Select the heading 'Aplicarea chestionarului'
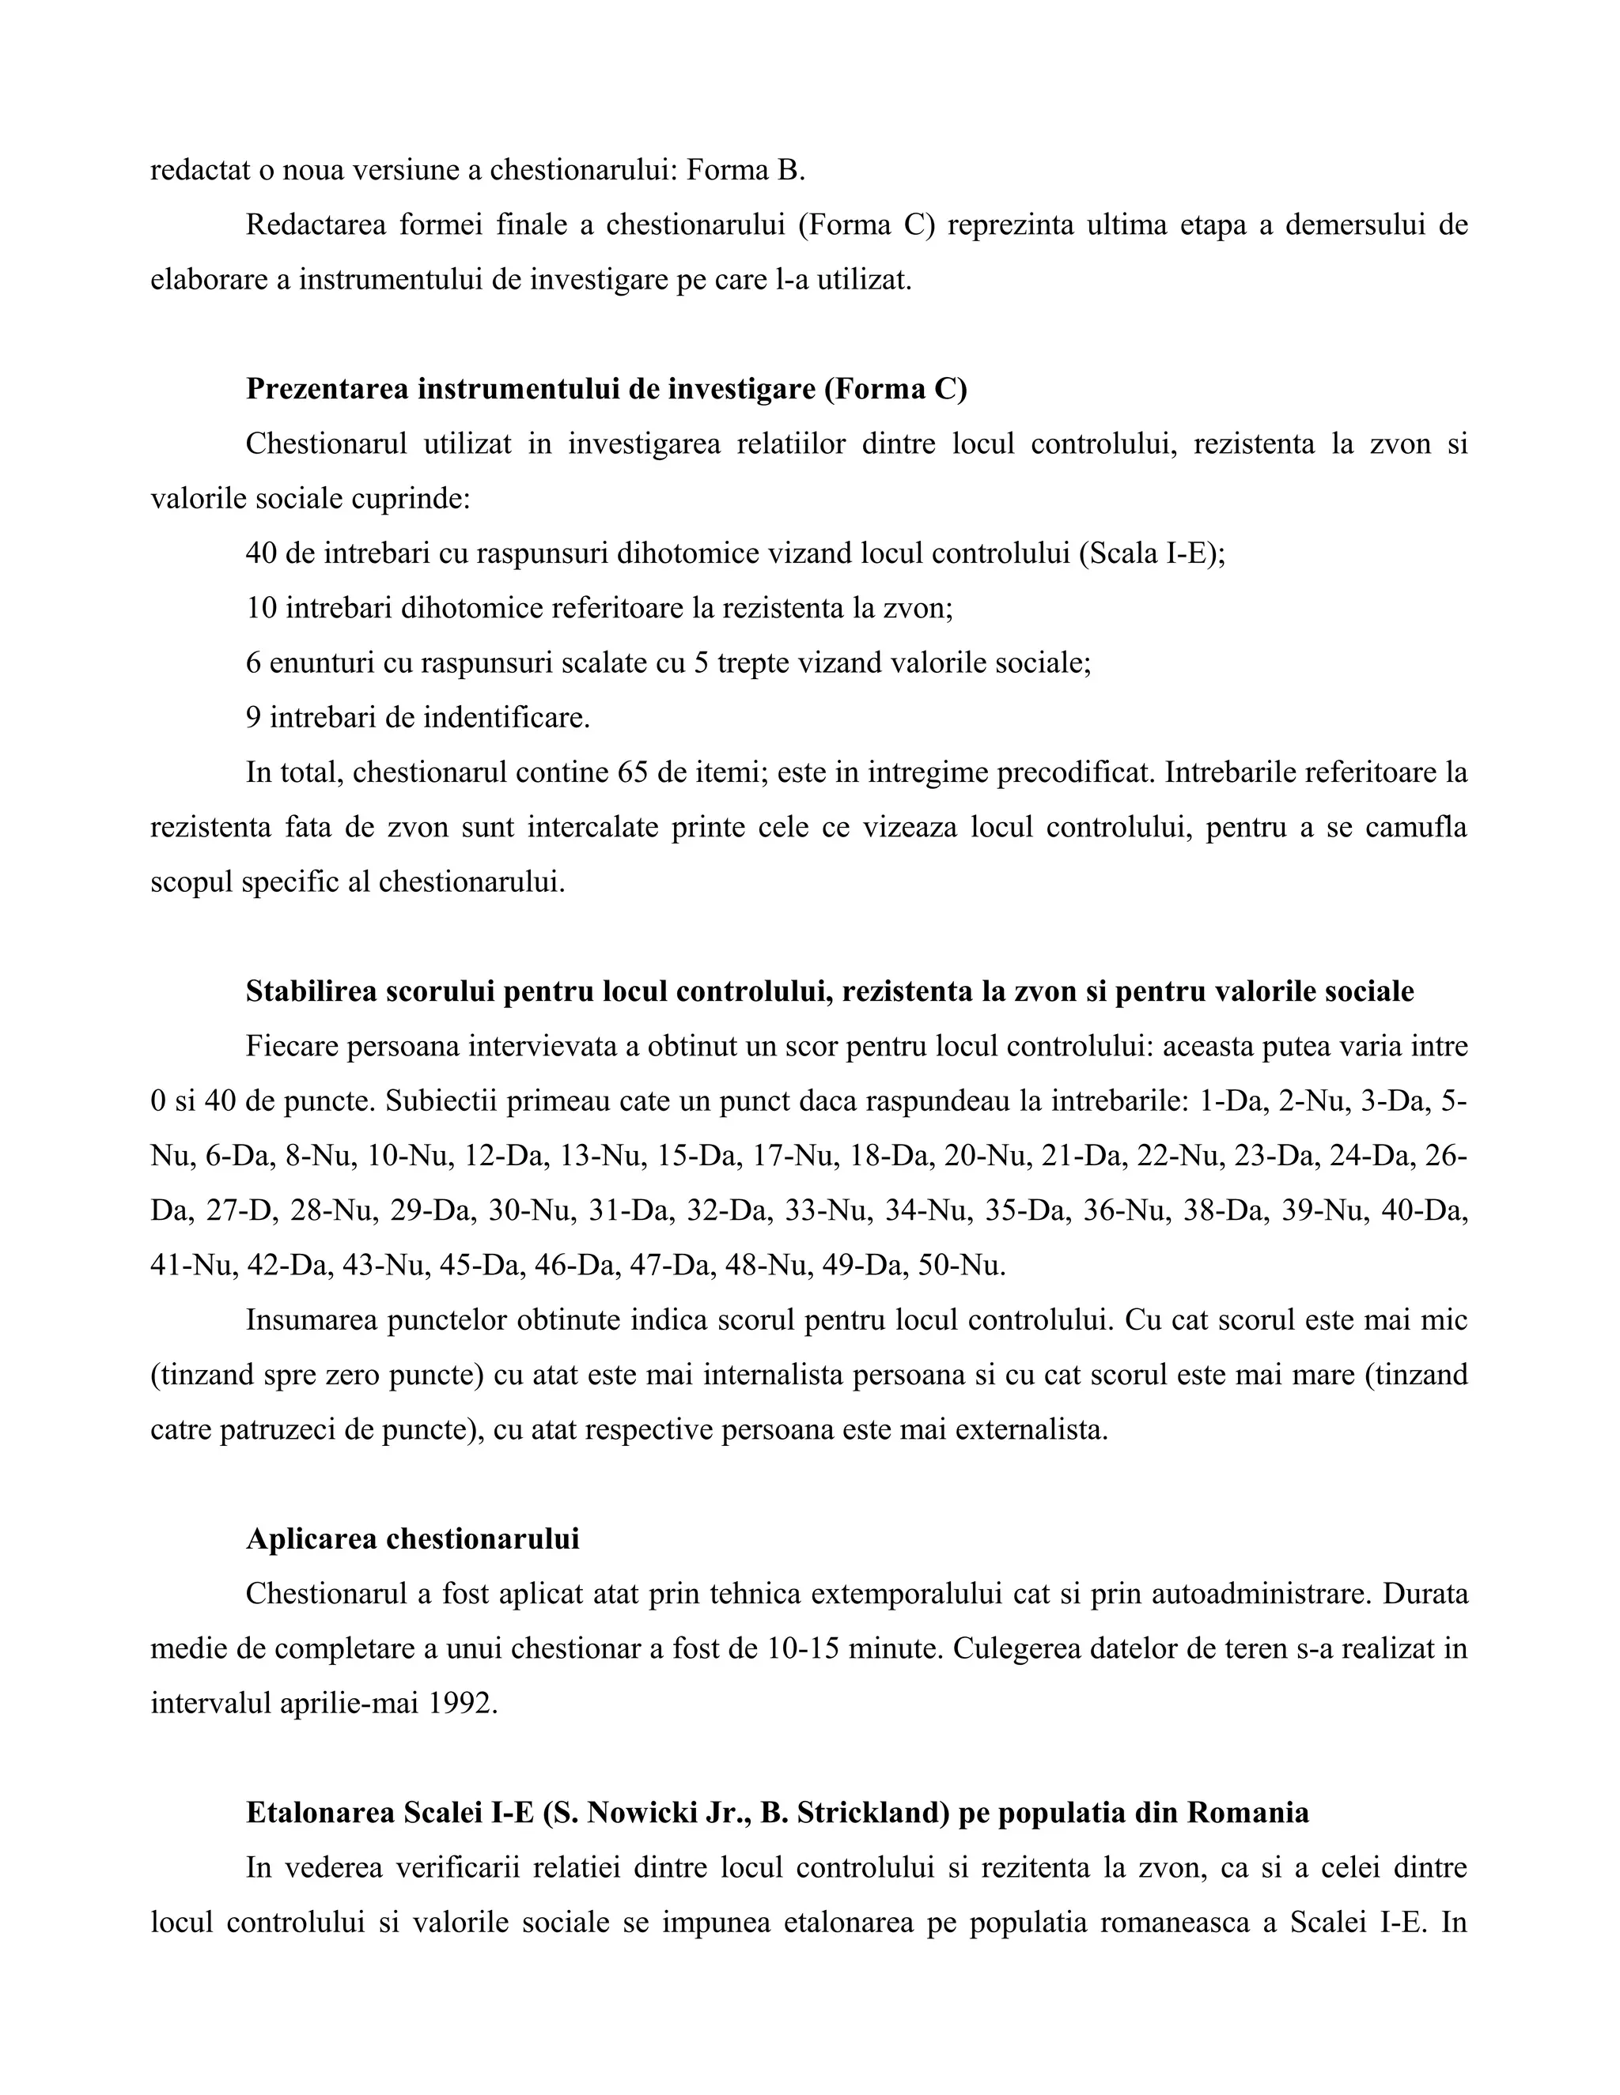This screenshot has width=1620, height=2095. point(413,1539)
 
